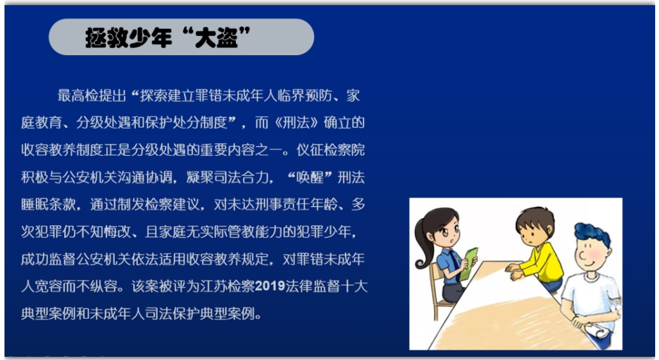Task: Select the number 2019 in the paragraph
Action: point(270,286)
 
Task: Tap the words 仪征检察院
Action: point(330,150)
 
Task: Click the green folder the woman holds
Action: point(469,264)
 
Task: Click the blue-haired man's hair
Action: point(593,234)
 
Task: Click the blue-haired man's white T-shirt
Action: point(589,297)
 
